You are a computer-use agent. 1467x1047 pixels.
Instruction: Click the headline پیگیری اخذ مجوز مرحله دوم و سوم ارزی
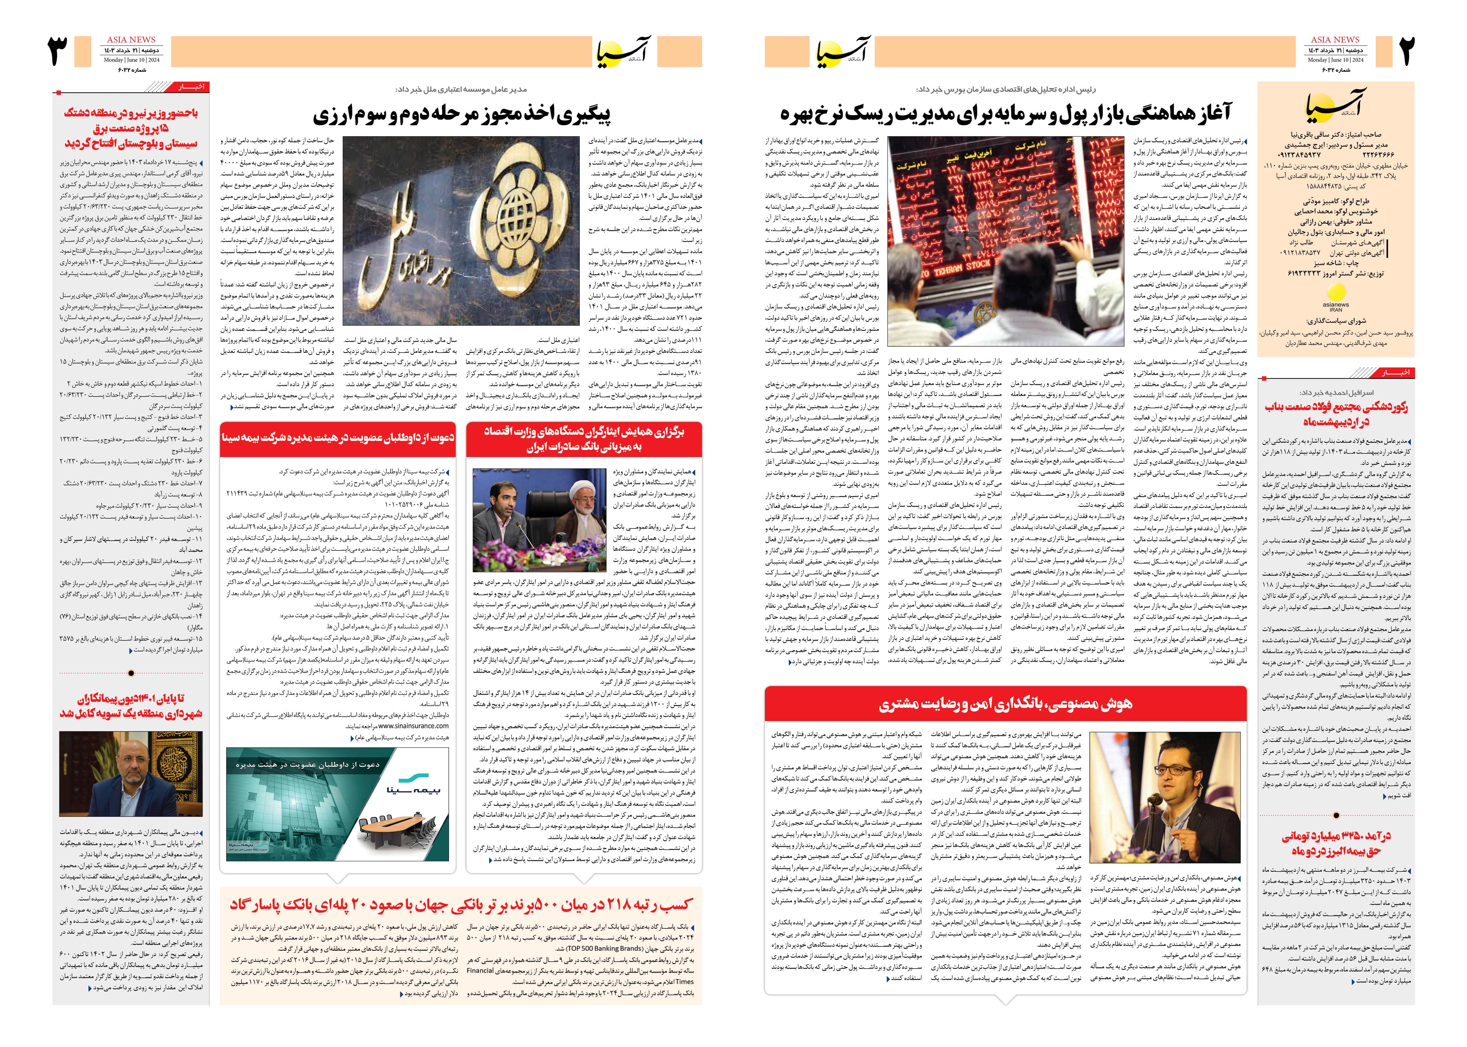[x=461, y=115]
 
